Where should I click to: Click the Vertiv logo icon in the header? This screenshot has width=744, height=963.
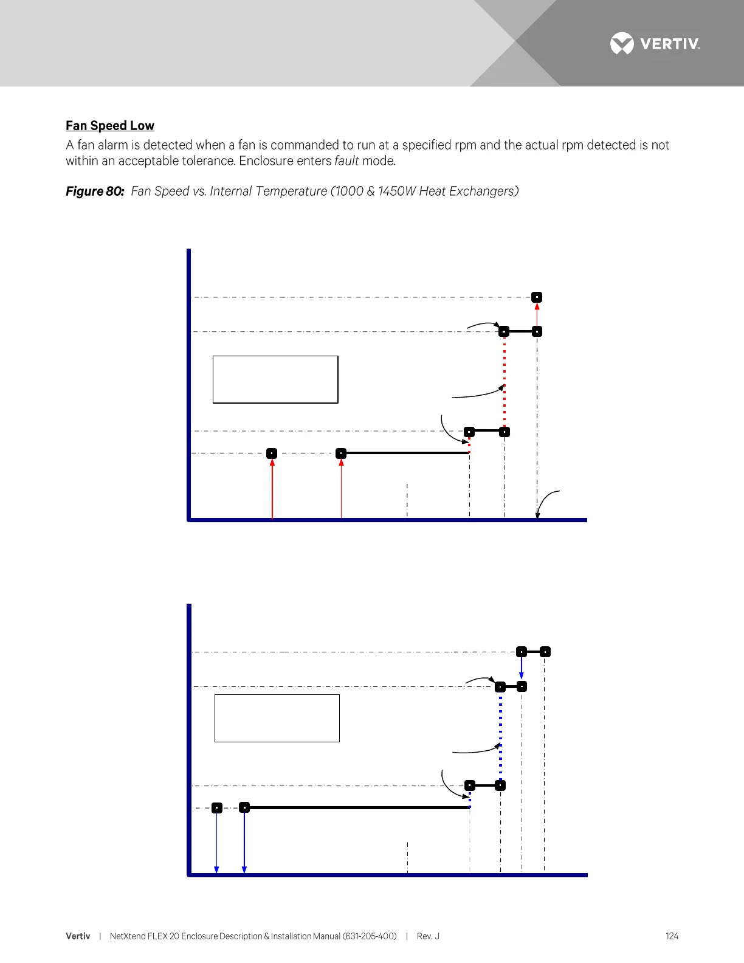click(621, 44)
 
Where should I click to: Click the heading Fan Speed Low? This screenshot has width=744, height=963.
click(110, 126)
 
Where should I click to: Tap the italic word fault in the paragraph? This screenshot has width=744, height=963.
click(346, 161)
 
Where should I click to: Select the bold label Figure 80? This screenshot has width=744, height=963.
click(95, 192)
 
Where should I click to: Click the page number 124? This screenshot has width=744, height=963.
click(672, 936)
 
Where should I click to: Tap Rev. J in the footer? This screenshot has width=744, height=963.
click(428, 936)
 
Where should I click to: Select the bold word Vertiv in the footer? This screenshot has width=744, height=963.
click(78, 936)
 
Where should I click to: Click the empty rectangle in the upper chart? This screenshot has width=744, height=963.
click(275, 379)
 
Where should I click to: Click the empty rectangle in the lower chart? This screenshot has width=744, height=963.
click(277, 718)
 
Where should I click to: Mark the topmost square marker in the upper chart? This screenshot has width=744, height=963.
click(537, 297)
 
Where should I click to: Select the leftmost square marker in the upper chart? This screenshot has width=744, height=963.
click(272, 454)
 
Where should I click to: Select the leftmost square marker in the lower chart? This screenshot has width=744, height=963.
click(217, 808)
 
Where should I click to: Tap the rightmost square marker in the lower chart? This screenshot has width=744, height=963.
click(545, 652)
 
